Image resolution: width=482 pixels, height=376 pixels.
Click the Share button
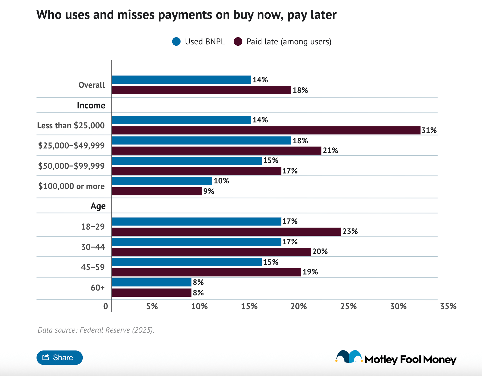pyautogui.click(x=59, y=357)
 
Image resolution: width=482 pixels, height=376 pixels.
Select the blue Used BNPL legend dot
pyautogui.click(x=176, y=42)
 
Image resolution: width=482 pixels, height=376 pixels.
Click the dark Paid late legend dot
pyautogui.click(x=238, y=42)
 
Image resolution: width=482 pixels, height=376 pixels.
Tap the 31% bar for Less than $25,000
pyautogui.click(x=266, y=130)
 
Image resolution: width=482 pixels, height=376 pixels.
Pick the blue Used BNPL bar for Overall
pyautogui.click(x=182, y=80)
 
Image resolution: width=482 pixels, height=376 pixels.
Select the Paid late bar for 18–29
pyautogui.click(x=226, y=232)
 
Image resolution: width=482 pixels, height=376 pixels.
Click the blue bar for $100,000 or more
pyautogui.click(x=162, y=181)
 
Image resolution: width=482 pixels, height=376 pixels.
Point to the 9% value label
pyautogui.click(x=209, y=191)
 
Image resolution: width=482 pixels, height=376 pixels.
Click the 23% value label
pyautogui.click(x=350, y=231)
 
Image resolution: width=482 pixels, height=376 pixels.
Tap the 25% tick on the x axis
pyautogui.click(x=348, y=306)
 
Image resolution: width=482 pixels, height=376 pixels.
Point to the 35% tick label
pyautogui.click(x=448, y=306)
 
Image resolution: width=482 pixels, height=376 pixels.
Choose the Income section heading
pyautogui.click(x=91, y=105)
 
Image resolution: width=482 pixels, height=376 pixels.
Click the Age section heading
pyautogui.click(x=98, y=206)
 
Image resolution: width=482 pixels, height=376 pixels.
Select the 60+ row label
pyautogui.click(x=98, y=288)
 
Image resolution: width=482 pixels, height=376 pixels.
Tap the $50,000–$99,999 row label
pyautogui.click(x=71, y=166)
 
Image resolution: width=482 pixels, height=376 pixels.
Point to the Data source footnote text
pyautogui.click(x=96, y=330)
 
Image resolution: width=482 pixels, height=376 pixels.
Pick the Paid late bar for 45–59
pyautogui.click(x=206, y=272)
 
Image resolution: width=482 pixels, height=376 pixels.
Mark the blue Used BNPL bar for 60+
pyautogui.click(x=152, y=282)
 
